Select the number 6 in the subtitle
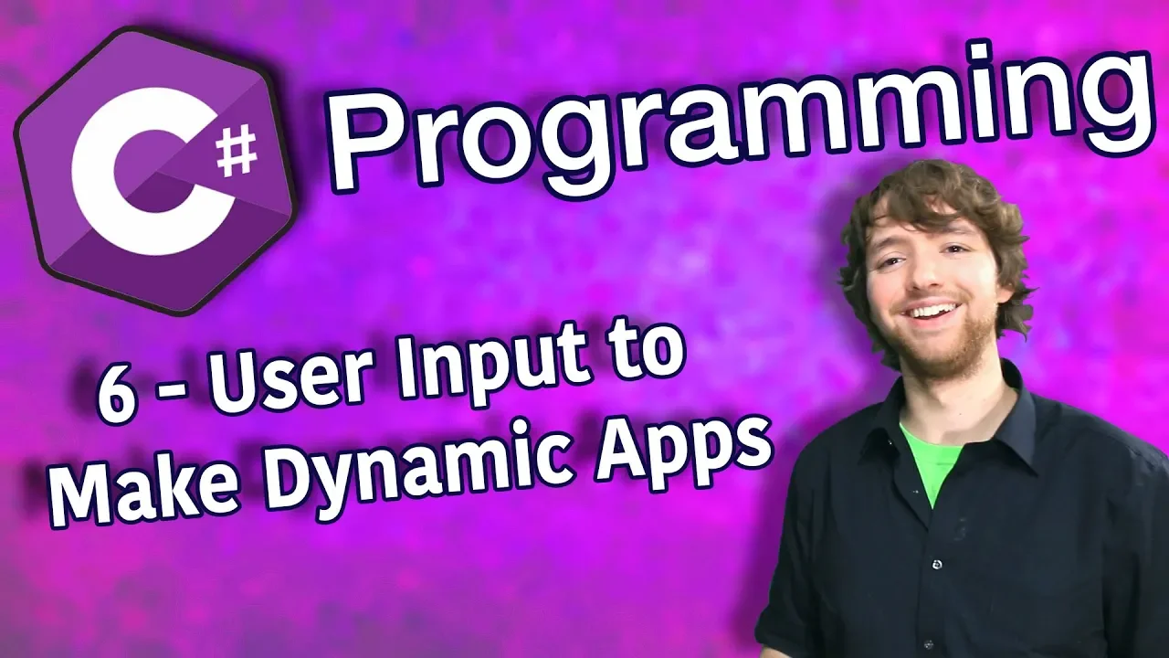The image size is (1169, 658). [116, 401]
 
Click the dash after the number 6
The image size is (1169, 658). [168, 403]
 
